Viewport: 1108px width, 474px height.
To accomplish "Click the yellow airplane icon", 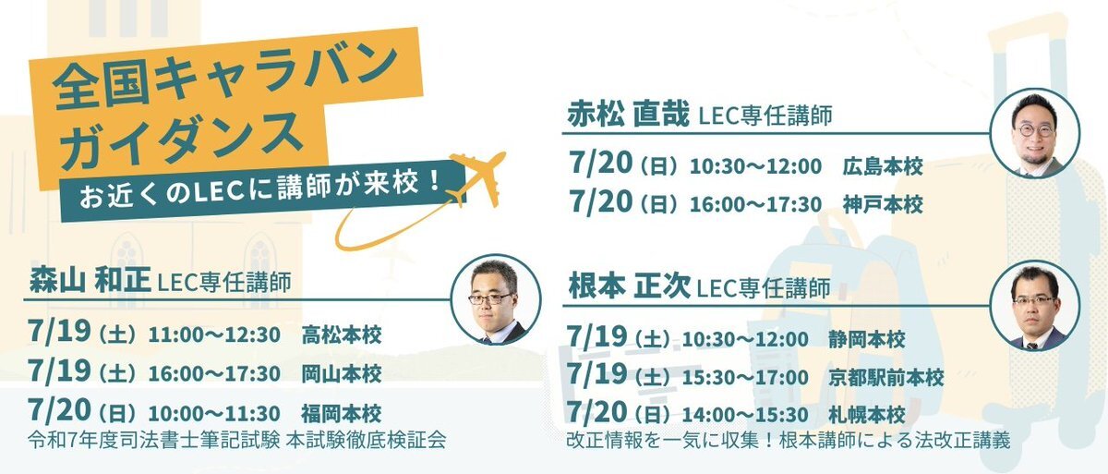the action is pyautogui.click(x=478, y=178).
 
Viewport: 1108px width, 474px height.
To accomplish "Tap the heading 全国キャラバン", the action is pyautogui.click(x=225, y=79).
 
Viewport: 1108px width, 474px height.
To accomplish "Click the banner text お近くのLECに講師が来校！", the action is pyautogui.click(x=260, y=190).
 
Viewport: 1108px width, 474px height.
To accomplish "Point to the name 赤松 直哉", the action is pyautogui.click(x=628, y=114).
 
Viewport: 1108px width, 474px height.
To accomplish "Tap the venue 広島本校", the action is pyautogui.click(x=883, y=166).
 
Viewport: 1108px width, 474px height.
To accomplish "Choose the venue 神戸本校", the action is pyautogui.click(x=883, y=204).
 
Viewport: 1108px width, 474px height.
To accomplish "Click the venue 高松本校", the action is pyautogui.click(x=342, y=335).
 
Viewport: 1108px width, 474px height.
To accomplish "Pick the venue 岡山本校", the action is pyautogui.click(x=342, y=374).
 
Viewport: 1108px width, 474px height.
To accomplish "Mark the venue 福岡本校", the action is pyautogui.click(x=342, y=414).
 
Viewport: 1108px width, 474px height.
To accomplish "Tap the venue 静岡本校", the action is pyautogui.click(x=867, y=339).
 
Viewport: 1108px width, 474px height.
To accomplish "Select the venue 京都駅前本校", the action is pyautogui.click(x=885, y=378).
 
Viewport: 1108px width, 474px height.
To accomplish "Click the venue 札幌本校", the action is pyautogui.click(x=867, y=415).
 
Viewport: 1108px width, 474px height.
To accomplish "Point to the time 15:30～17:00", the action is pyautogui.click(x=745, y=378).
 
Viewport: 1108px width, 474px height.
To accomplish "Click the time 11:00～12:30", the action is pyautogui.click(x=214, y=335).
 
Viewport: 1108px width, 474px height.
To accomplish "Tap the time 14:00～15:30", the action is pyautogui.click(x=745, y=415).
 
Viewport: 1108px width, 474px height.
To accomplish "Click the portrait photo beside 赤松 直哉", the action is pyautogui.click(x=1035, y=133).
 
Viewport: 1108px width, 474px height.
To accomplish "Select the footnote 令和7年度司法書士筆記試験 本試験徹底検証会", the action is pyautogui.click(x=237, y=440).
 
